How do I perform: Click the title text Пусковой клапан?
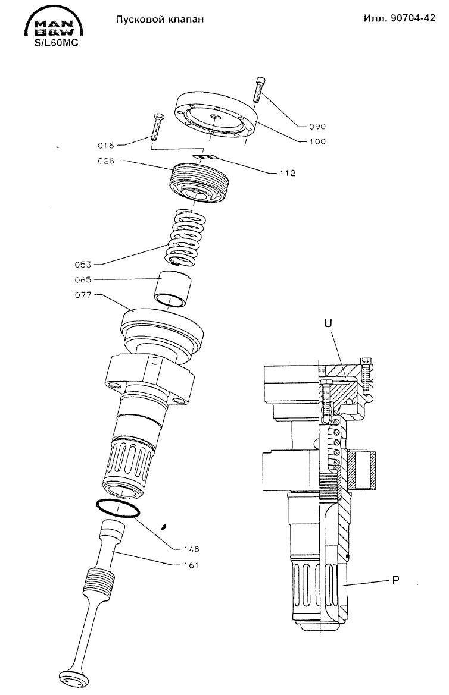(x=160, y=19)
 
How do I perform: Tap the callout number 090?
(x=317, y=126)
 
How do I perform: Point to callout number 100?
(x=317, y=141)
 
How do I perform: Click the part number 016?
(x=106, y=146)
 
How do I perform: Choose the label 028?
(x=106, y=161)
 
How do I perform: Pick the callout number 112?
(x=288, y=173)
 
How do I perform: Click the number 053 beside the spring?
(x=83, y=265)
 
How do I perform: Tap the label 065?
(x=83, y=279)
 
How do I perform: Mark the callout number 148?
(x=191, y=549)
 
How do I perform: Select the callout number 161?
(x=191, y=565)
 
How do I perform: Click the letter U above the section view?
(x=328, y=323)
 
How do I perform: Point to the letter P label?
(x=396, y=580)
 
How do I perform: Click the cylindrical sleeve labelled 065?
(x=172, y=289)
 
